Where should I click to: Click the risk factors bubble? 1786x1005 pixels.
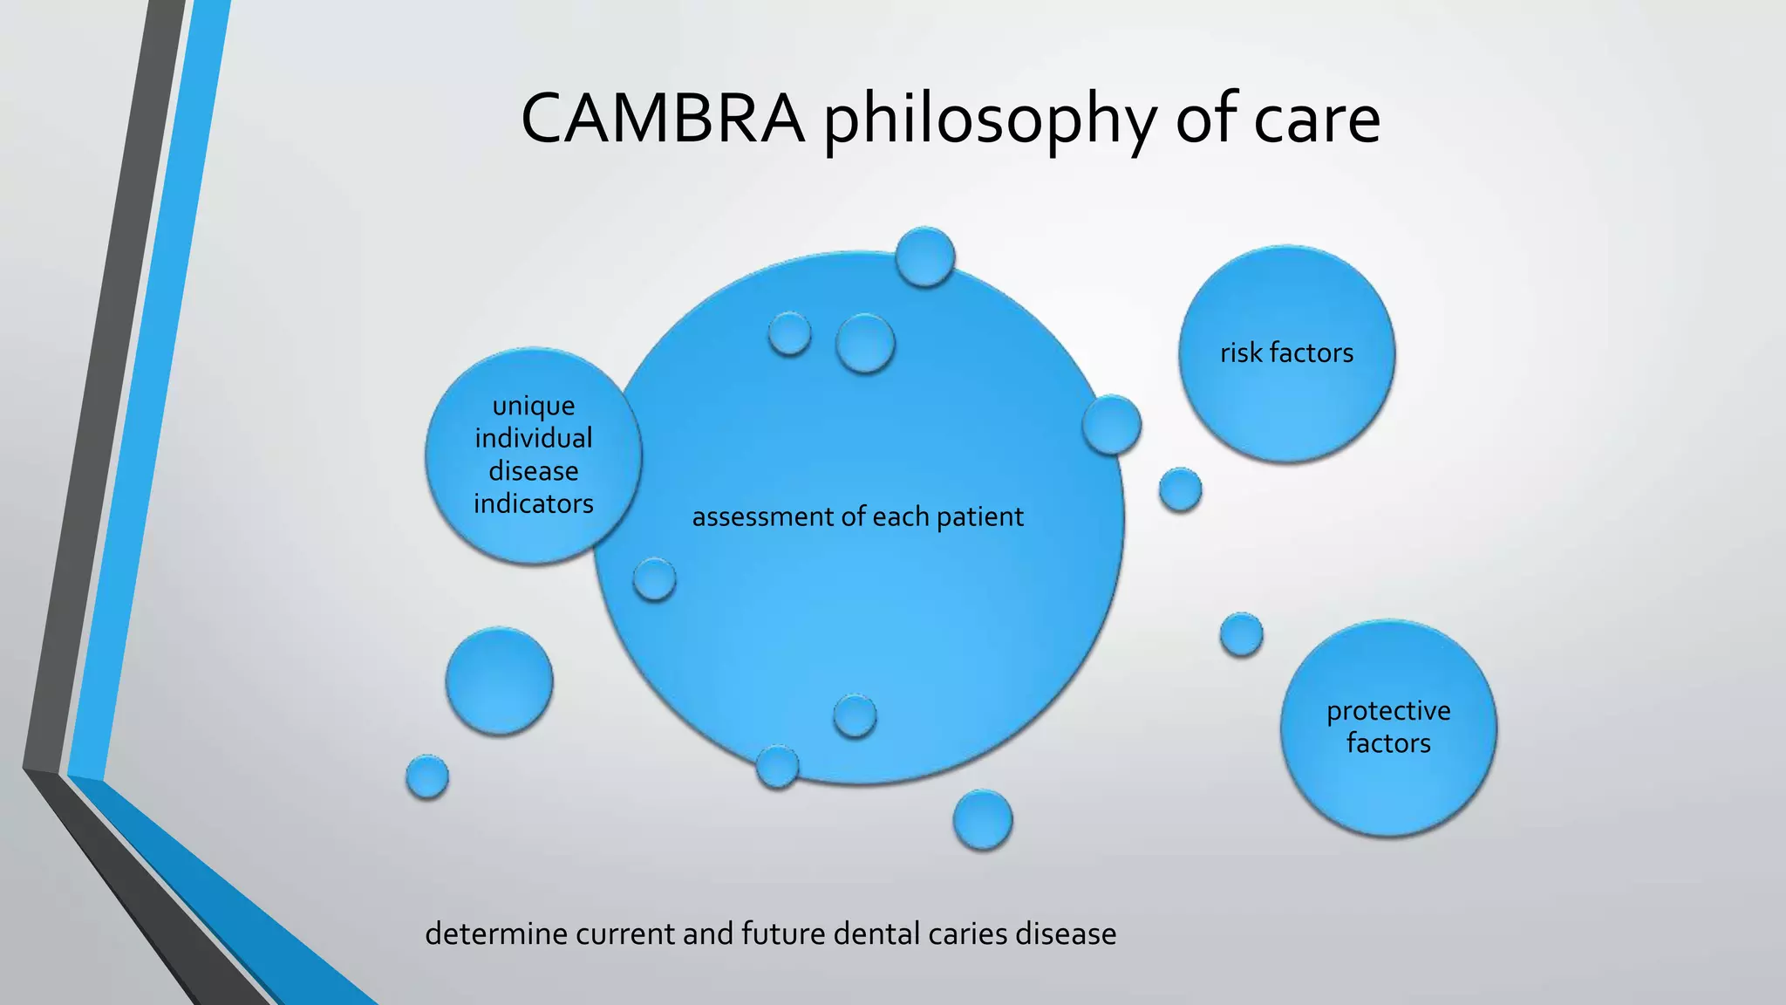pos(1286,353)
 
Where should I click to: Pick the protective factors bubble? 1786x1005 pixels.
pos(1388,728)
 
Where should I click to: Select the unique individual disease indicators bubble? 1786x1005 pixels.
pos(533,455)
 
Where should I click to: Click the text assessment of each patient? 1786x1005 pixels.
pos(857,516)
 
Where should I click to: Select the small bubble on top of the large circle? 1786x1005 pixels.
pos(925,256)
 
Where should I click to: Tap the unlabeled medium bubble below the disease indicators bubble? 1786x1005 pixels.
pos(499,680)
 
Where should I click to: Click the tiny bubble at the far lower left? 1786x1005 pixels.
pos(427,776)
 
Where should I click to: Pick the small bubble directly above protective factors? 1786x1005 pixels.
pos(1241,634)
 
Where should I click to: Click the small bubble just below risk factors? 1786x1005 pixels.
pos(1180,489)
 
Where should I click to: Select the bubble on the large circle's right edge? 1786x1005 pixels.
pos(1111,424)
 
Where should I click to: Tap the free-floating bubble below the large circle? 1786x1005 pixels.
pos(983,819)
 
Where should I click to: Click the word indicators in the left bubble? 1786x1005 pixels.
pos(533,503)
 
